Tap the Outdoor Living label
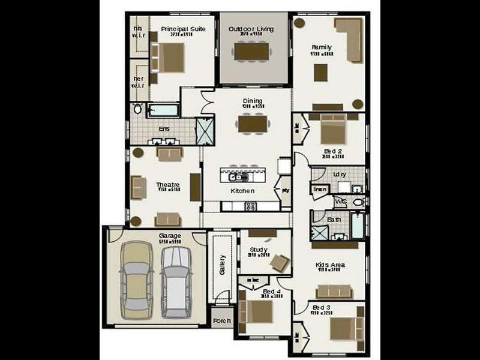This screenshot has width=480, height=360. pyautogui.click(x=251, y=29)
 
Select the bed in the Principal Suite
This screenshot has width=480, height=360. pyautogui.click(x=170, y=58)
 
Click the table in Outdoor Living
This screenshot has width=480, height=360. pyautogui.click(x=251, y=52)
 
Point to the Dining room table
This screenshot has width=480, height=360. pyautogui.click(x=252, y=123)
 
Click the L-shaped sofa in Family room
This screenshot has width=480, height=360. pyautogui.click(x=350, y=37)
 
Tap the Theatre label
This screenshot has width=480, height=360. pyautogui.click(x=168, y=184)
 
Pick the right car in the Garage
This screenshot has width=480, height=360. pyautogui.click(x=176, y=282)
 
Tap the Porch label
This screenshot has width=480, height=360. pyautogui.click(x=222, y=321)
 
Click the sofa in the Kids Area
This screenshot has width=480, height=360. pyautogui.click(x=332, y=291)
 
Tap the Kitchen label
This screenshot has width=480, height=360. pyautogui.click(x=243, y=191)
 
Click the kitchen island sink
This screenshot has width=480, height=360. pyautogui.click(x=235, y=177)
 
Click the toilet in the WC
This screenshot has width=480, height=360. pyautogui.click(x=359, y=202)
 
